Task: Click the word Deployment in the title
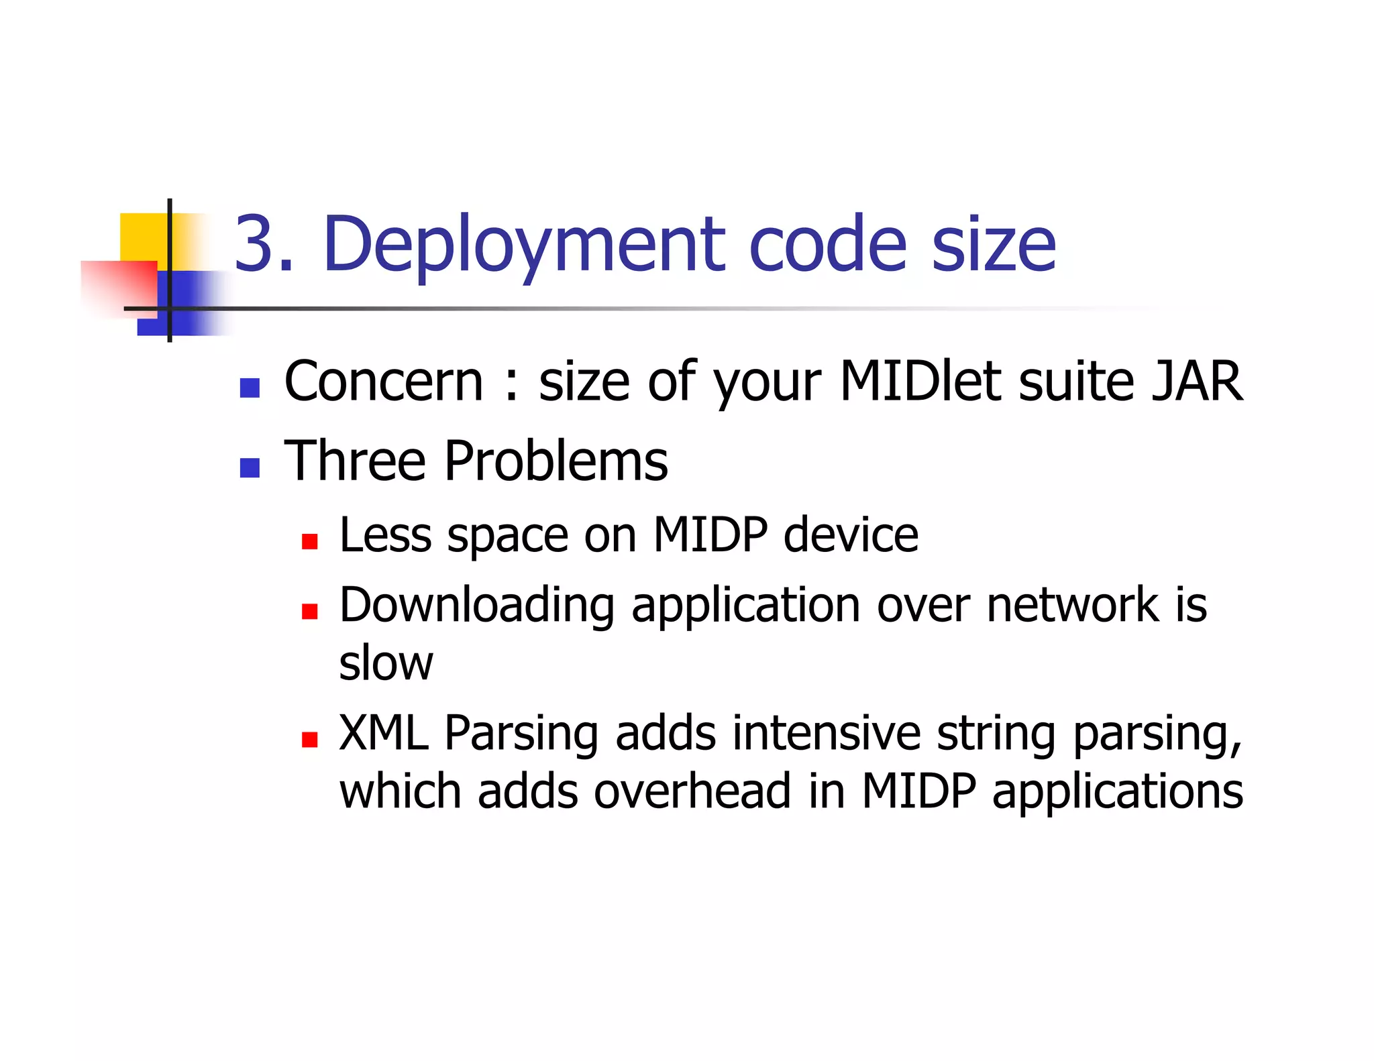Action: coord(523,245)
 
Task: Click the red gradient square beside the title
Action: coord(119,287)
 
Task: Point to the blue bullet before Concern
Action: coord(250,388)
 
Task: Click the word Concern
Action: coord(383,382)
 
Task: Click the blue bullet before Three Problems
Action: coord(250,467)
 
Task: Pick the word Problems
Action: coord(556,461)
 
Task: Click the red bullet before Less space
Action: coord(309,541)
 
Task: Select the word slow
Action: coord(386,663)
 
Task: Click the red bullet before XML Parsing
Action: coord(309,740)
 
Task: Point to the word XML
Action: coord(383,733)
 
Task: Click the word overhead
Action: coord(692,791)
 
